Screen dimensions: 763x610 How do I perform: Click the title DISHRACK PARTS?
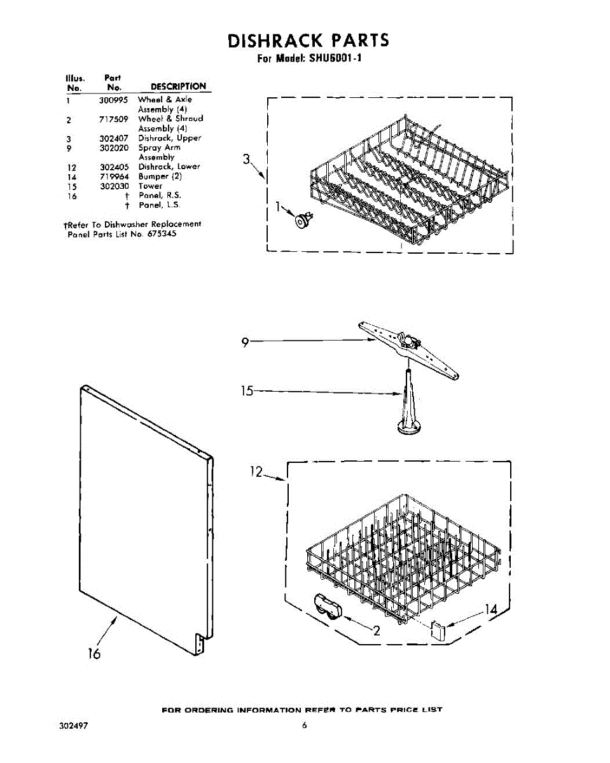coord(308,41)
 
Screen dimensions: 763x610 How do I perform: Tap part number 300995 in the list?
coord(114,100)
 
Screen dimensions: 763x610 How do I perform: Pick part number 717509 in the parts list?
coord(114,119)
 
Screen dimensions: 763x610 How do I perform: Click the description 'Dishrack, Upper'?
coord(170,138)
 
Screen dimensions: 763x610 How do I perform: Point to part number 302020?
coord(114,148)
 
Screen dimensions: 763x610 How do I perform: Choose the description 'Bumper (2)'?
coord(160,176)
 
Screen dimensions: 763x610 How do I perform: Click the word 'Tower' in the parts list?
coord(150,186)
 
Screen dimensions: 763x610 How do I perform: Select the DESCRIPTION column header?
coord(178,86)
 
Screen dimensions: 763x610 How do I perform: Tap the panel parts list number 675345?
coord(162,234)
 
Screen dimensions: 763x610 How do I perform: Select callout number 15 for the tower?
coord(247,391)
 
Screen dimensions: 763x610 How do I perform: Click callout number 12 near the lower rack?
coord(256,471)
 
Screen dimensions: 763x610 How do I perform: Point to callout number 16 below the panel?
coord(94,653)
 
